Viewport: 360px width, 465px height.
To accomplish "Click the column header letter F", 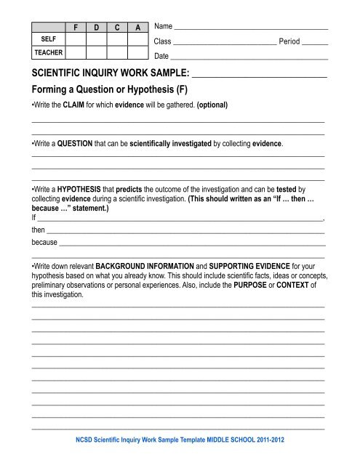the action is click(76, 28).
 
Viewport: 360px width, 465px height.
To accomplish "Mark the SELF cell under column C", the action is click(116, 39).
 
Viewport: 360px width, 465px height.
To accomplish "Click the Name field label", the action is click(164, 26).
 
